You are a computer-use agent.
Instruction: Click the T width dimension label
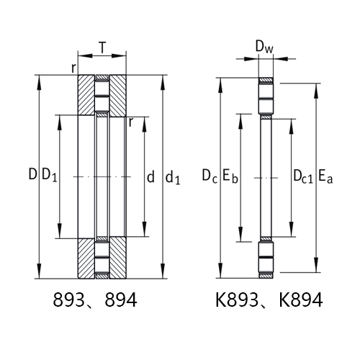pyautogui.click(x=102, y=48)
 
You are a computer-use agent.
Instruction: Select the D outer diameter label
pyautogui.click(x=32, y=174)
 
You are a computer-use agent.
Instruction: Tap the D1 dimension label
pyautogui.click(x=48, y=175)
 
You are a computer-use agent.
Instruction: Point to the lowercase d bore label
pyautogui.click(x=150, y=175)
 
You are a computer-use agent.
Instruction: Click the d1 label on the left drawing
pyautogui.click(x=174, y=176)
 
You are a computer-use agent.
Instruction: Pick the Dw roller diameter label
pyautogui.click(x=264, y=48)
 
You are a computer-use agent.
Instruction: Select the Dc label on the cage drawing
pyautogui.click(x=209, y=175)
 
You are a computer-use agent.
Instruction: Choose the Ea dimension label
pyautogui.click(x=325, y=175)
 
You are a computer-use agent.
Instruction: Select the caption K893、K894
pyautogui.click(x=266, y=300)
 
